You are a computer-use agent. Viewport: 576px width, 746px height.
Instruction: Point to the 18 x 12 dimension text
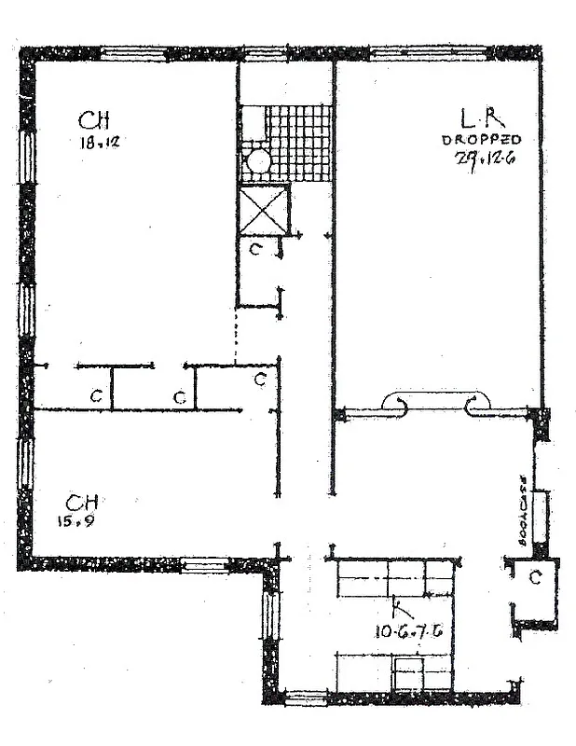[x=98, y=143]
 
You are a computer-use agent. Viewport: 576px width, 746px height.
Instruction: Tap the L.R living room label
[x=483, y=118]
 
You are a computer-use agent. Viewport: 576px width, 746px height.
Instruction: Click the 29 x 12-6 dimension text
[x=486, y=158]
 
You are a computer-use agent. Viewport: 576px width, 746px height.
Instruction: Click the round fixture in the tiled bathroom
[x=258, y=161]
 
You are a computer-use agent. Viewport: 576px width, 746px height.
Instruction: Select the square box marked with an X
[x=265, y=210]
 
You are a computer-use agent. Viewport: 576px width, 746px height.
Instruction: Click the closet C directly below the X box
[x=255, y=249]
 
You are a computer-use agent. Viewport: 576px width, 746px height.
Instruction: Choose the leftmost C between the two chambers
[x=95, y=396]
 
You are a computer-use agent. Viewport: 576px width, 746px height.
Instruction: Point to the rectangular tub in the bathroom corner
[x=253, y=122]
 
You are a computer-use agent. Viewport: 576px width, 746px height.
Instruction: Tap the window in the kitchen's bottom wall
[x=306, y=698]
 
